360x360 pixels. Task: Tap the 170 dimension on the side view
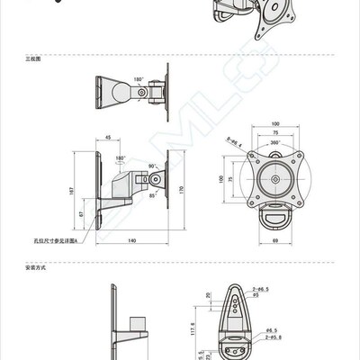tap(180, 190)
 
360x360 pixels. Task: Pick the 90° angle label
tap(152, 166)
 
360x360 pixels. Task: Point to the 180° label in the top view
tap(139, 79)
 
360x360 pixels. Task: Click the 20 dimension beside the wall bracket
tap(209, 294)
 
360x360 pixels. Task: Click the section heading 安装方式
tap(33, 267)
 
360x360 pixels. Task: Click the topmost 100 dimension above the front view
tap(274, 123)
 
